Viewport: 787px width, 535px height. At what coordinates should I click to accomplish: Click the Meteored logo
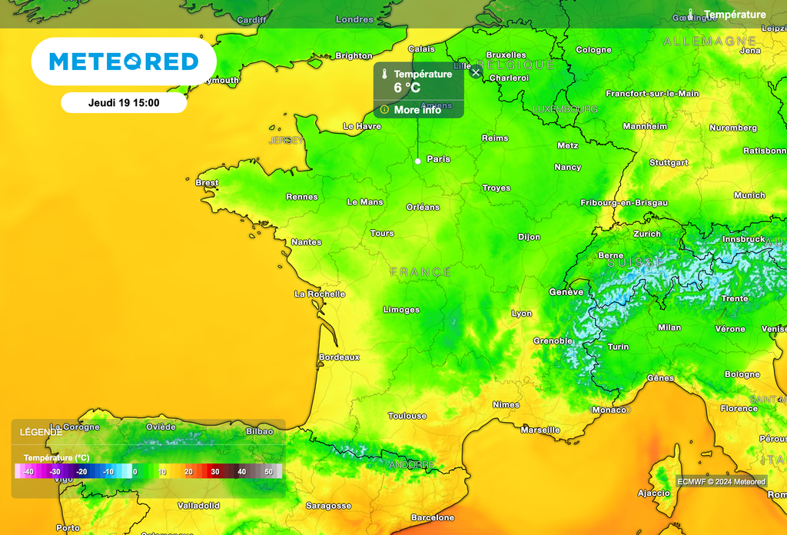click(x=124, y=61)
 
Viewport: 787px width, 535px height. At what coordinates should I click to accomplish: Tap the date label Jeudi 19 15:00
click(x=124, y=102)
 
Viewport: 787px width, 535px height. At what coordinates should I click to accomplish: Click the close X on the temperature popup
click(x=476, y=72)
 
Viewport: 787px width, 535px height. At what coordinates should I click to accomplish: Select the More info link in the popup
click(x=417, y=110)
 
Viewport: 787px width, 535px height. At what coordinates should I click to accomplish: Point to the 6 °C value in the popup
click(x=407, y=88)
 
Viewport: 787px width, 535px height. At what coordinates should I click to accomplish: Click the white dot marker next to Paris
click(x=417, y=161)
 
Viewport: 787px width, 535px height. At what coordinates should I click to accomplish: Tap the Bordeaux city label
click(x=339, y=357)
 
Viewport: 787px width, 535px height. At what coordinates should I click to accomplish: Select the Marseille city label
click(x=540, y=430)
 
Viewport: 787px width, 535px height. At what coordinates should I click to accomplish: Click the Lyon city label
click(x=522, y=314)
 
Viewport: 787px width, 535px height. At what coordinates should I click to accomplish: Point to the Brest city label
click(x=207, y=183)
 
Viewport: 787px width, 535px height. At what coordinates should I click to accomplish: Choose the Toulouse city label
click(x=407, y=416)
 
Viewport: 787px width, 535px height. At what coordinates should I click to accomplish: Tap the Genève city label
click(x=566, y=292)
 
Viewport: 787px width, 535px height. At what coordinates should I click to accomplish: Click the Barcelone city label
click(x=433, y=518)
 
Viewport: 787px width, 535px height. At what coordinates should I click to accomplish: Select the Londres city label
click(x=354, y=19)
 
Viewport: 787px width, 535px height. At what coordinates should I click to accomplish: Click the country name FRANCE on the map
click(x=420, y=272)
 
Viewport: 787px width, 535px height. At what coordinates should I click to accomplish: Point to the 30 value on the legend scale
click(x=215, y=471)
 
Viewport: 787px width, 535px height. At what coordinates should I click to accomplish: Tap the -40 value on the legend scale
click(x=28, y=471)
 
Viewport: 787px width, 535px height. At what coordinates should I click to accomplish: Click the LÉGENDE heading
click(x=42, y=432)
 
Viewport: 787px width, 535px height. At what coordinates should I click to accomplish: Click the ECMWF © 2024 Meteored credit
click(x=721, y=482)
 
